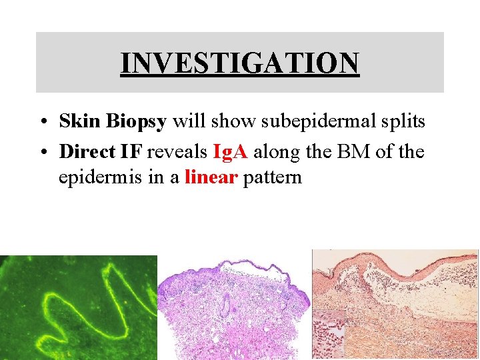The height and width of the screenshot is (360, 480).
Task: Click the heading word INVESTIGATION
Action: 240,63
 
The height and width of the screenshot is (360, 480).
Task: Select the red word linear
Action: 211,177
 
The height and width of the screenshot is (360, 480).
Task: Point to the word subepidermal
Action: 301,121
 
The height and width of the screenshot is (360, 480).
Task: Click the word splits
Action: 401,121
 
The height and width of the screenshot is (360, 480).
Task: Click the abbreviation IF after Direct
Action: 133,152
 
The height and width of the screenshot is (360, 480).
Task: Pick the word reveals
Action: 177,152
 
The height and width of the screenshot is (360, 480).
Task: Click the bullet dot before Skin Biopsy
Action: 42,123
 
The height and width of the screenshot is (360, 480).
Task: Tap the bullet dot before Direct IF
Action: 42,153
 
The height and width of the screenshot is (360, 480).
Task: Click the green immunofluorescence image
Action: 79,307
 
